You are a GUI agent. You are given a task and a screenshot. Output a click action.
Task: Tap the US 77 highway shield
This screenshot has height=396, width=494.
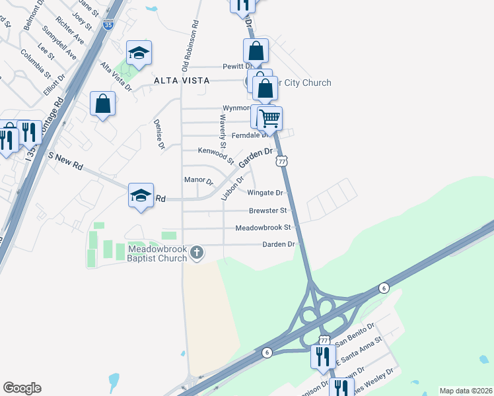point(282,161)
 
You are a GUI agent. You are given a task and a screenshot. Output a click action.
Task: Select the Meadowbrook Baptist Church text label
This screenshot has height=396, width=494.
point(158,253)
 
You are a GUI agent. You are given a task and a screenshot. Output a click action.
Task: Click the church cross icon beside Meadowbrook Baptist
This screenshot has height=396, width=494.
point(197,252)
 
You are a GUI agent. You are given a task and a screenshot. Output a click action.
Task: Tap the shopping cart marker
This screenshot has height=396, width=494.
point(269,119)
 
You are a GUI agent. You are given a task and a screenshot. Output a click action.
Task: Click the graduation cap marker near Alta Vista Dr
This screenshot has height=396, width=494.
point(139,54)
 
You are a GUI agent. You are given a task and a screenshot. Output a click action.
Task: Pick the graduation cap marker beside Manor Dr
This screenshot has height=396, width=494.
point(141,196)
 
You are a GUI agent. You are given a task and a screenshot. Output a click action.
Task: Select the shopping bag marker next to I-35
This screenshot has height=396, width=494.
point(102,104)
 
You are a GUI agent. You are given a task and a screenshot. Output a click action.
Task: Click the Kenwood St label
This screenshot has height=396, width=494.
point(211,156)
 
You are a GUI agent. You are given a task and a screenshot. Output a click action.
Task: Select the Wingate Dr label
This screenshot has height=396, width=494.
point(265,193)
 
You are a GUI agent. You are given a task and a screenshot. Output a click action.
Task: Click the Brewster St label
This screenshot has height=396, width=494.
point(267,211)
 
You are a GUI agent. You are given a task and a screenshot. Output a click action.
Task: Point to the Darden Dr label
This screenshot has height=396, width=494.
point(277,244)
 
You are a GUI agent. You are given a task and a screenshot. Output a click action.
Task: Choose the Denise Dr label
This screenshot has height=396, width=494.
point(159,134)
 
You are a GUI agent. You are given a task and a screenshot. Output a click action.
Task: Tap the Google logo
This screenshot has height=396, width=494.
point(22,388)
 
